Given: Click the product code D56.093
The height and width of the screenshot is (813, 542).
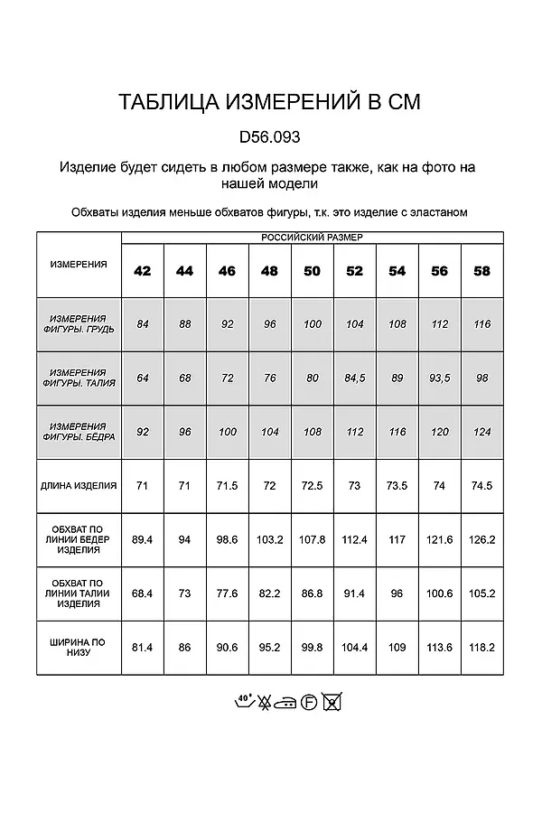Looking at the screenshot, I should click(x=270, y=138).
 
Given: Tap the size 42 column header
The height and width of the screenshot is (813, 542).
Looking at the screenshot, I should click(x=142, y=271).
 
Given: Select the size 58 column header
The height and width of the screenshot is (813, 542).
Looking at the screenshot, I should click(x=482, y=271).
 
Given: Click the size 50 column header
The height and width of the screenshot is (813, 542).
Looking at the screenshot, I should click(x=313, y=271).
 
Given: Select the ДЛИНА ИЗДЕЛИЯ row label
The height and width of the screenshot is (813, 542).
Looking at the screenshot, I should click(x=79, y=485).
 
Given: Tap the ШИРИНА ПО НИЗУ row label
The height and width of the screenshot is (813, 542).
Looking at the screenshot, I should click(x=79, y=647).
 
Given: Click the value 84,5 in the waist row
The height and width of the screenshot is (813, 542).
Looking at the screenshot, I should click(x=354, y=378).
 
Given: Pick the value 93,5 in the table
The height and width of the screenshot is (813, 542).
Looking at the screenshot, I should click(x=440, y=378).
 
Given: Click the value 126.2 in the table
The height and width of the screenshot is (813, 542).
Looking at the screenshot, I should click(x=482, y=539).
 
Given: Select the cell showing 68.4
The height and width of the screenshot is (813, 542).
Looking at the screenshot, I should click(x=142, y=593).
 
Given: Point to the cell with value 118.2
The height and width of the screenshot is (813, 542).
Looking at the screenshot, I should click(x=482, y=647).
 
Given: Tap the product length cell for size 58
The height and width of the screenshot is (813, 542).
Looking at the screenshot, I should click(x=482, y=485).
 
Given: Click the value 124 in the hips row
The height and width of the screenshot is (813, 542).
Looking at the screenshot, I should click(x=482, y=432).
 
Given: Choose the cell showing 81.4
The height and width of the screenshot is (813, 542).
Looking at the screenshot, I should click(x=142, y=647).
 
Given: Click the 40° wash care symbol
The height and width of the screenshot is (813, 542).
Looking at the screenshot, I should click(x=243, y=700).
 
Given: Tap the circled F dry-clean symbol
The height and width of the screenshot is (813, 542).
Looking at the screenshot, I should click(x=309, y=702).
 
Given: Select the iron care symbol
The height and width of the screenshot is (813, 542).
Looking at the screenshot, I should click(x=287, y=702).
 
